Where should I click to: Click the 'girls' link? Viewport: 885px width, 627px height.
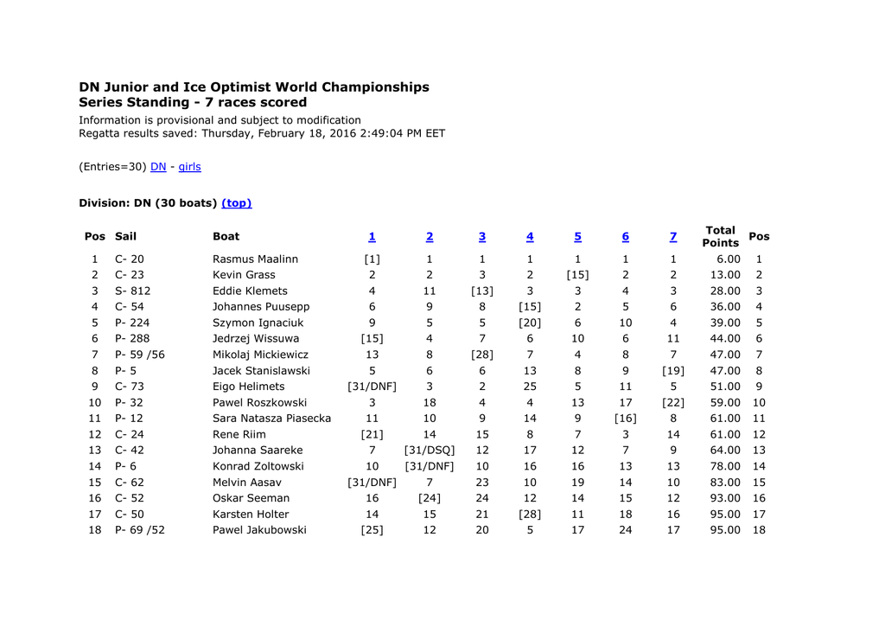coord(189,167)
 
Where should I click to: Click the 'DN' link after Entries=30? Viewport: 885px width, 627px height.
coord(158,167)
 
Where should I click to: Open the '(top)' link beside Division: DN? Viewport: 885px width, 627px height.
coord(237,203)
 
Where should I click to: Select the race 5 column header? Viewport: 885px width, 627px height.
coord(577,237)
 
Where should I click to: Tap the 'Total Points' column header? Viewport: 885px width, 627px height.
coord(720,237)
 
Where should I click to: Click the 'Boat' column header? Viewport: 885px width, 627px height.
coord(226,237)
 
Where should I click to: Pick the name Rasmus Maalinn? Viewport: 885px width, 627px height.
coord(255,259)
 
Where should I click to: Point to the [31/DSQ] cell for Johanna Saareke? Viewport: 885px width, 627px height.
coord(430,451)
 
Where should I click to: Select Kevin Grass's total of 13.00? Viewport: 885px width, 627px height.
coord(723,275)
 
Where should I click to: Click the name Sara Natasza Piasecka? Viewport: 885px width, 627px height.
coord(271,419)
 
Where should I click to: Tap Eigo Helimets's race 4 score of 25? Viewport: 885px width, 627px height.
coord(530,387)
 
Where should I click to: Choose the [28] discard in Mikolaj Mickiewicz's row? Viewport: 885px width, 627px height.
coord(482,355)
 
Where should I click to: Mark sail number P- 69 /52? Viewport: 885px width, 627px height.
coord(139,530)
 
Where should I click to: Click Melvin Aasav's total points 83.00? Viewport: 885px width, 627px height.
coord(723,483)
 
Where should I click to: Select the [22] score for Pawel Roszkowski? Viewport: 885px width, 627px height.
coord(673,403)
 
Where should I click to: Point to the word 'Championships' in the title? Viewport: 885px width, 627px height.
coord(376,87)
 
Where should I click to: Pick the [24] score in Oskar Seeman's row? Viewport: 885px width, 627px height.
coord(430,498)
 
